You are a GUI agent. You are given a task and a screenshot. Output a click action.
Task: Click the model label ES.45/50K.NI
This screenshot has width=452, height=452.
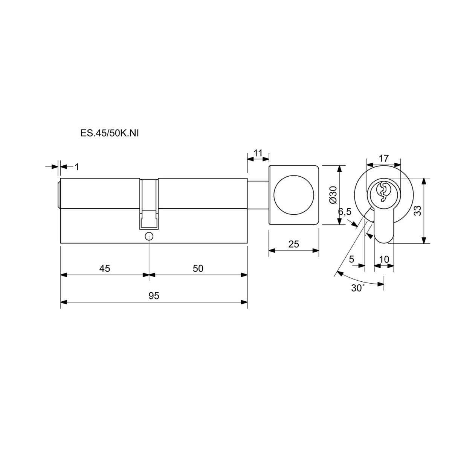pyautogui.click(x=110, y=133)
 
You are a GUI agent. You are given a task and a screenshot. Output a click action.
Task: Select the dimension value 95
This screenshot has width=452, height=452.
pyautogui.click(x=154, y=296)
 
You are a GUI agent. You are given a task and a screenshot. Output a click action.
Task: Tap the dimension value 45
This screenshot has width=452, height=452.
pyautogui.click(x=105, y=269)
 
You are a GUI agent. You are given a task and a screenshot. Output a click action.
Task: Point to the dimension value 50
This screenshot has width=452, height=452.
pyautogui.click(x=198, y=269)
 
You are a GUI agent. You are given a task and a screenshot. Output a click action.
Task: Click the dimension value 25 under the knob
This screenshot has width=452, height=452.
pyautogui.click(x=294, y=244)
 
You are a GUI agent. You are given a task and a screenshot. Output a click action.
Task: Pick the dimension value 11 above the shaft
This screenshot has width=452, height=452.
pyautogui.click(x=258, y=153)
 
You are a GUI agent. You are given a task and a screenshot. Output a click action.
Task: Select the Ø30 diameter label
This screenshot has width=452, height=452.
pyautogui.click(x=333, y=195)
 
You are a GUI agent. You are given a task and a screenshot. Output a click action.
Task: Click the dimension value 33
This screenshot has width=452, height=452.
pyautogui.click(x=417, y=211)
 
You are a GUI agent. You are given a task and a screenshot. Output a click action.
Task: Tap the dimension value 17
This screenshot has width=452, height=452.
pyautogui.click(x=384, y=158)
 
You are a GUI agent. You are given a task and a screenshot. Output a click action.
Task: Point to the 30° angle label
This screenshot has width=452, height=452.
pyautogui.click(x=358, y=288)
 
